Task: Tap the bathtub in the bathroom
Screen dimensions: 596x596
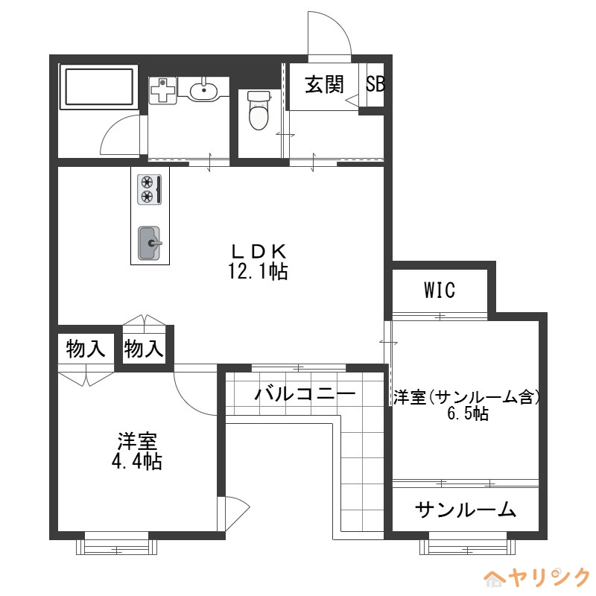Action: [x=99, y=87]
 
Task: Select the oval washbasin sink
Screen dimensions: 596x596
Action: [x=203, y=91]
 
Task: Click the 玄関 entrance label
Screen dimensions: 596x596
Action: [x=324, y=84]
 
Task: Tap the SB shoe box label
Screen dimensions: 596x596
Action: [x=375, y=84]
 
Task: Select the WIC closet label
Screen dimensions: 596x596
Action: [x=440, y=291]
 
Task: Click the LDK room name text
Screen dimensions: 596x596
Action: [x=258, y=251]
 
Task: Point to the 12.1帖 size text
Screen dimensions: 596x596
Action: [x=258, y=271]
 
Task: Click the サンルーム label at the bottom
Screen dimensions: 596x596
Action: [x=466, y=510]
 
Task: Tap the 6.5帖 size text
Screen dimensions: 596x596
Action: [x=468, y=414]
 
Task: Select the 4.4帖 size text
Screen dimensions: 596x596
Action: [x=136, y=461]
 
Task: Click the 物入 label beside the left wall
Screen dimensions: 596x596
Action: [x=85, y=348]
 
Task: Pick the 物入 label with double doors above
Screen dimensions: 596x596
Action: [x=144, y=348]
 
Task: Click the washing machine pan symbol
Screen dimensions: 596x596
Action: [x=163, y=91]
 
